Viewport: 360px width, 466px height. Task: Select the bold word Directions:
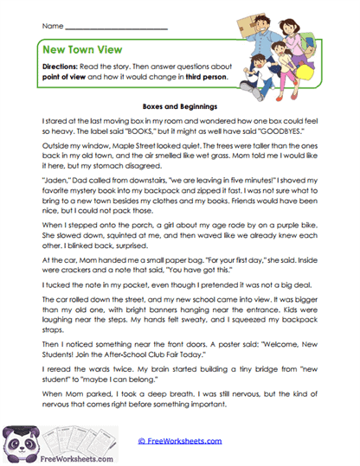pos(66,68)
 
